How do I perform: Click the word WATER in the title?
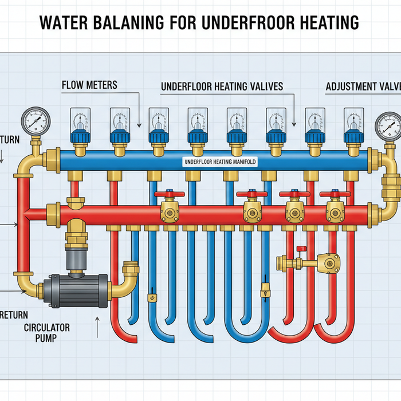[x=64, y=23]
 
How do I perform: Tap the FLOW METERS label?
[x=89, y=85]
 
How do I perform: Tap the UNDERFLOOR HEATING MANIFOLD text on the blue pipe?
[x=220, y=162]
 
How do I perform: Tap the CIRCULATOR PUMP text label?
[x=47, y=332]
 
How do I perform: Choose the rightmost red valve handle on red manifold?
[x=333, y=195]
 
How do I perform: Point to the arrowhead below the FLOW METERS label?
[x=139, y=124]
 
